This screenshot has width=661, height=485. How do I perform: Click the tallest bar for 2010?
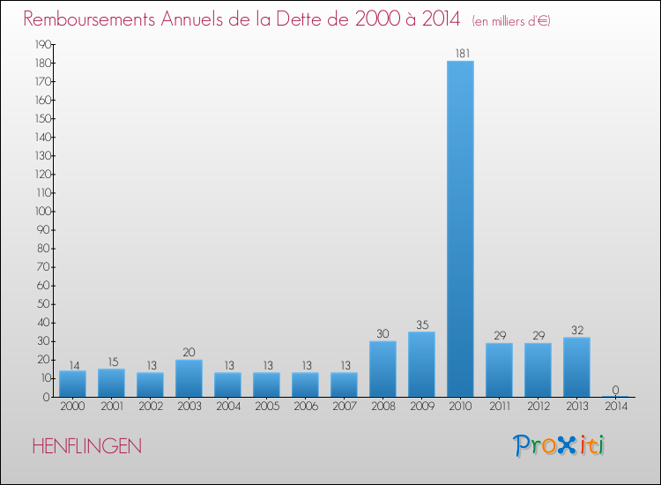(460, 229)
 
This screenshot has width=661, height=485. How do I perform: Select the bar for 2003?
(189, 378)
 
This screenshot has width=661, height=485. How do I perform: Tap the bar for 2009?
(421, 364)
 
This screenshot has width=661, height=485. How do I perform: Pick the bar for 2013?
(576, 367)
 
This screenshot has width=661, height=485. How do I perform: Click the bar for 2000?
(72, 384)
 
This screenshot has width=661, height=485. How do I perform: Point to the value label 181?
(461, 54)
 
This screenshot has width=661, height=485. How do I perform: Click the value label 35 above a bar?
(421, 324)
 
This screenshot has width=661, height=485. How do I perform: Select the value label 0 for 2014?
(616, 390)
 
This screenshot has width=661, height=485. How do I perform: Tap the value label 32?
(576, 330)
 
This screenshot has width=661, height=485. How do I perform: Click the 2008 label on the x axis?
(382, 407)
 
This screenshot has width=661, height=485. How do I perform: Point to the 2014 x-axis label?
(616, 407)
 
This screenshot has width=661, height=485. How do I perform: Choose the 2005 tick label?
(266, 407)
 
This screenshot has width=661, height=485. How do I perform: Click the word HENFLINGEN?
(86, 447)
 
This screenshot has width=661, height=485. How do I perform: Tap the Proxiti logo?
(560, 445)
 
